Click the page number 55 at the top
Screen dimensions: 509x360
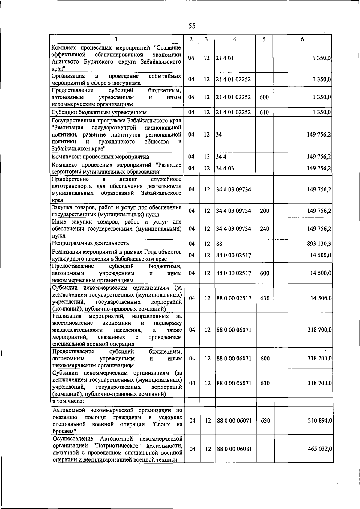[192, 26]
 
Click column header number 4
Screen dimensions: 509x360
[235, 39]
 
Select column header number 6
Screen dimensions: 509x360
[302, 39]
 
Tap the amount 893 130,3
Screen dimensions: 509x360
[319, 244]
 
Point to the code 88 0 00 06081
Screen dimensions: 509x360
[234, 449]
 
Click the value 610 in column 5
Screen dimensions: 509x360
[264, 113]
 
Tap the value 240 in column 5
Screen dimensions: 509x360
[264, 229]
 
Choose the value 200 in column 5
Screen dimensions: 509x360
[264, 211]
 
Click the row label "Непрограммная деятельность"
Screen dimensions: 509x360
[90, 243]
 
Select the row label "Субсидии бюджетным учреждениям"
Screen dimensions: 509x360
[99, 113]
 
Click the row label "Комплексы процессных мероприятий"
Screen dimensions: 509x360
[100, 157]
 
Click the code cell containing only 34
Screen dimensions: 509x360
[219, 134]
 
